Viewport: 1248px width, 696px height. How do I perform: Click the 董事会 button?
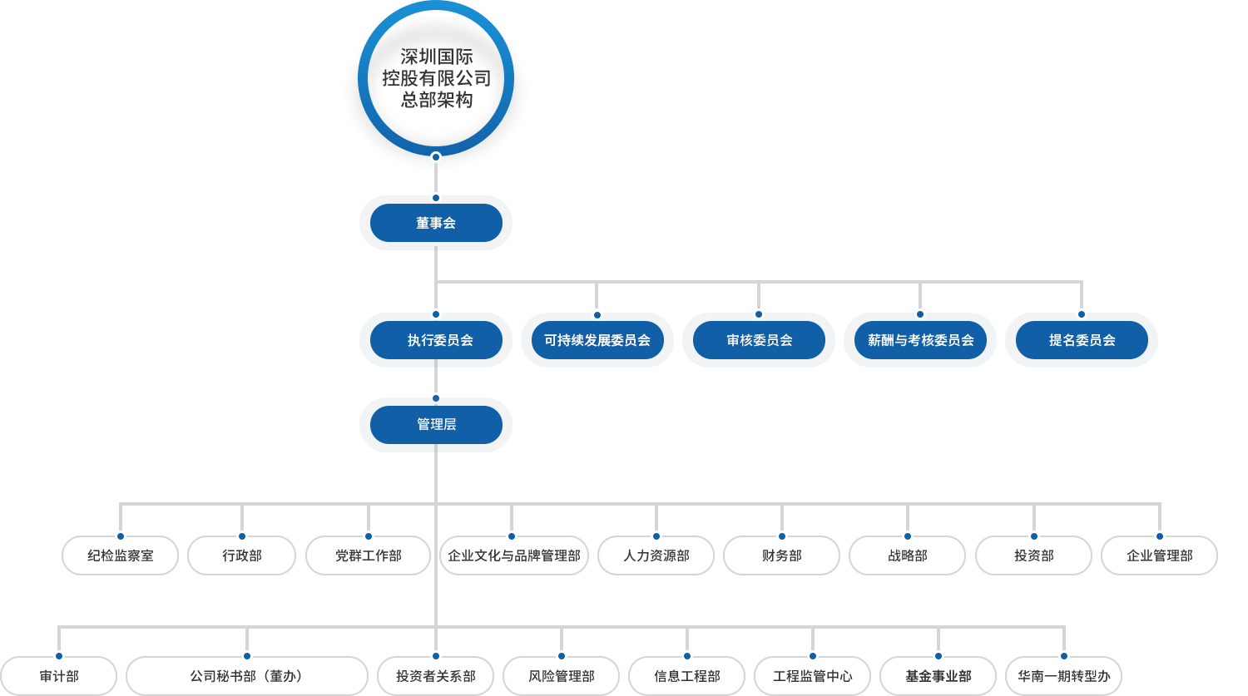tap(436, 223)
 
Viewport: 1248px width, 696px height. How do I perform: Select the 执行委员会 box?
tap(436, 340)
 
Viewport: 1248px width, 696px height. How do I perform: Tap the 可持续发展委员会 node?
tap(597, 340)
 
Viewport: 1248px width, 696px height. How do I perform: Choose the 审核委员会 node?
tap(759, 340)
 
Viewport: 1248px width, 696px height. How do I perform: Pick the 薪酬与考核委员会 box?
tap(920, 340)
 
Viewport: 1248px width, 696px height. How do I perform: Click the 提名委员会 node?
tap(1082, 340)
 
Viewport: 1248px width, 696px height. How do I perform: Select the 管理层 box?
tap(436, 424)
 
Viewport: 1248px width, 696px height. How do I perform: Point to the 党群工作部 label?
tap(369, 555)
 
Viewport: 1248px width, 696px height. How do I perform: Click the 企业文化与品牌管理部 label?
tap(513, 555)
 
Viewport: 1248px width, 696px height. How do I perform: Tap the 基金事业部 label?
tap(938, 676)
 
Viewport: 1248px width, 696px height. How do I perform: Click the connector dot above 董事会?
tap(436, 198)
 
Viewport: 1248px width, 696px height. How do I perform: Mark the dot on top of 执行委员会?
tap(436, 314)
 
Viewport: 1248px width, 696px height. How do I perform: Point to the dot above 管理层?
tap(436, 398)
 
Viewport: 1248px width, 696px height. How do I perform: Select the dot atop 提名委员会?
tap(1082, 314)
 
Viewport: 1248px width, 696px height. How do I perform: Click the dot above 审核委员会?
tap(759, 314)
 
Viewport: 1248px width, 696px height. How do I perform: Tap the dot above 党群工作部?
tap(369, 536)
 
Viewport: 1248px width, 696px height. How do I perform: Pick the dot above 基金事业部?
tap(938, 656)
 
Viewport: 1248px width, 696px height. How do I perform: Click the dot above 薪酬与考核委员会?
tap(920, 314)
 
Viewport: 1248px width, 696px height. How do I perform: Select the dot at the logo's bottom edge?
tap(436, 157)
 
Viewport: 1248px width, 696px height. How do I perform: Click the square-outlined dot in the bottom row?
tap(246, 656)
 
